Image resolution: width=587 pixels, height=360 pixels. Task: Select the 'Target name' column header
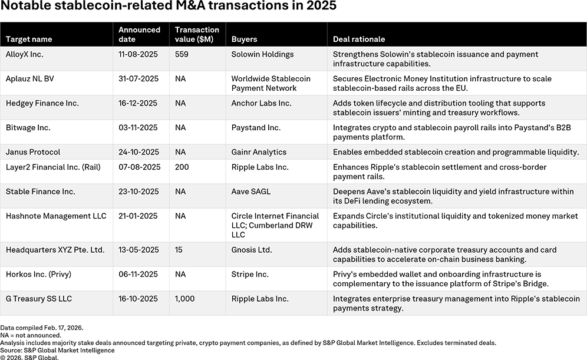pos(29,39)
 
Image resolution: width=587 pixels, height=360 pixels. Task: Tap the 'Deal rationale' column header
pos(359,39)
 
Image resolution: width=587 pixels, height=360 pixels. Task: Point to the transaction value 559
pos(182,54)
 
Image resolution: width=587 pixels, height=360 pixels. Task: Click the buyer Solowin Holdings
pos(262,54)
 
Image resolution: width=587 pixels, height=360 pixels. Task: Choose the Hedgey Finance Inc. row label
pos(42,103)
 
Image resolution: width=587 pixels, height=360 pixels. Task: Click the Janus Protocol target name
pos(33,152)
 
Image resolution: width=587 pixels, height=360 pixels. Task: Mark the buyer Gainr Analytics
pos(259,152)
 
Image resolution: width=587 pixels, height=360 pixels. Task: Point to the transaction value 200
pos(182,167)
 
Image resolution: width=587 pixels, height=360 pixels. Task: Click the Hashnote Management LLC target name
pos(56,216)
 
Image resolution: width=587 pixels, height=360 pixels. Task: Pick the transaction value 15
pos(179,250)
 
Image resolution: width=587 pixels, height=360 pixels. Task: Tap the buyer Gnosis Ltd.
pos(252,250)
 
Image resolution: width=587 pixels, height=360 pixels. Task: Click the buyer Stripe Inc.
pos(250,275)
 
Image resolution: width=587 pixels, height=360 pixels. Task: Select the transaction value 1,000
pos(185,299)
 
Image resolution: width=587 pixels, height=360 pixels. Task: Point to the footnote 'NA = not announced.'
pos(31,335)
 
